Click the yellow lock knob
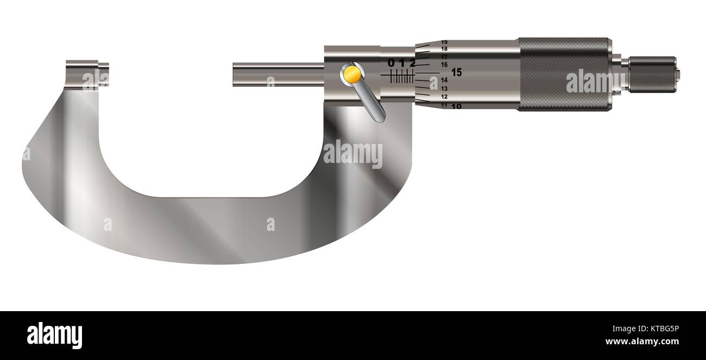coord(352,73)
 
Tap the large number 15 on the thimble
coord(457,72)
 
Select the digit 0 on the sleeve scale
coord(391,63)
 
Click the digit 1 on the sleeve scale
coord(402,63)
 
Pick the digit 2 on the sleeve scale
coord(412,63)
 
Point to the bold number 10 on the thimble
coord(456,106)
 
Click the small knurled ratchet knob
coord(652,74)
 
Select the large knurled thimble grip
coord(565,74)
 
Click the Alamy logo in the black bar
coord(54,335)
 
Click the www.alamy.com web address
coord(642,342)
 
